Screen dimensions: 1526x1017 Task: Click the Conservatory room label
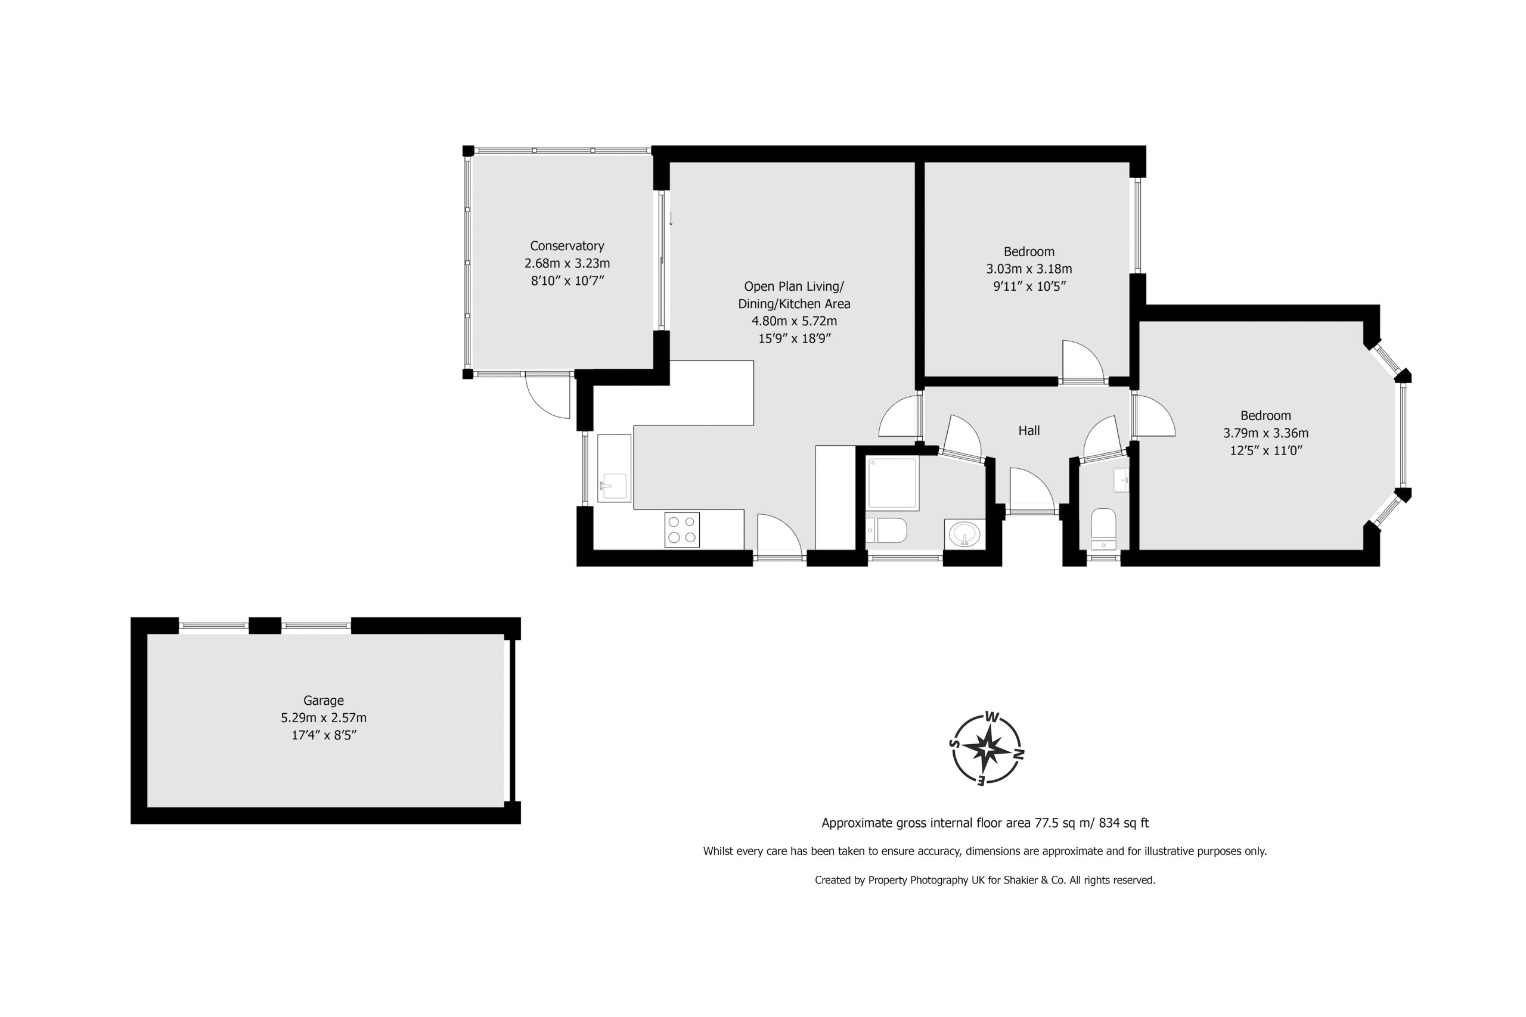tap(567, 246)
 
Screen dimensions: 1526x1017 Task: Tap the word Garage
tap(323, 701)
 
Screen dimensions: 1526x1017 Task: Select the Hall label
tap(1029, 430)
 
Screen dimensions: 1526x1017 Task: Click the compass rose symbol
tap(986, 748)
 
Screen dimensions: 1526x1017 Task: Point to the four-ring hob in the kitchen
tap(682, 529)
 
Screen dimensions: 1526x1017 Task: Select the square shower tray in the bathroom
tap(893, 483)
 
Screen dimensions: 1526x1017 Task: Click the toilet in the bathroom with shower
tap(886, 531)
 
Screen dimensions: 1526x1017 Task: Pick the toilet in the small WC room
tap(1103, 529)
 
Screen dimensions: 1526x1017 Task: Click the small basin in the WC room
tap(1121, 480)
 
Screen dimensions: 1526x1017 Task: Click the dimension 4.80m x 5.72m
tap(794, 321)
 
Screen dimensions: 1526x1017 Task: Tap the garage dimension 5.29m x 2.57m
tap(323, 718)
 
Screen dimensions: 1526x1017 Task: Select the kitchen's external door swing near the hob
tap(780, 534)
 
